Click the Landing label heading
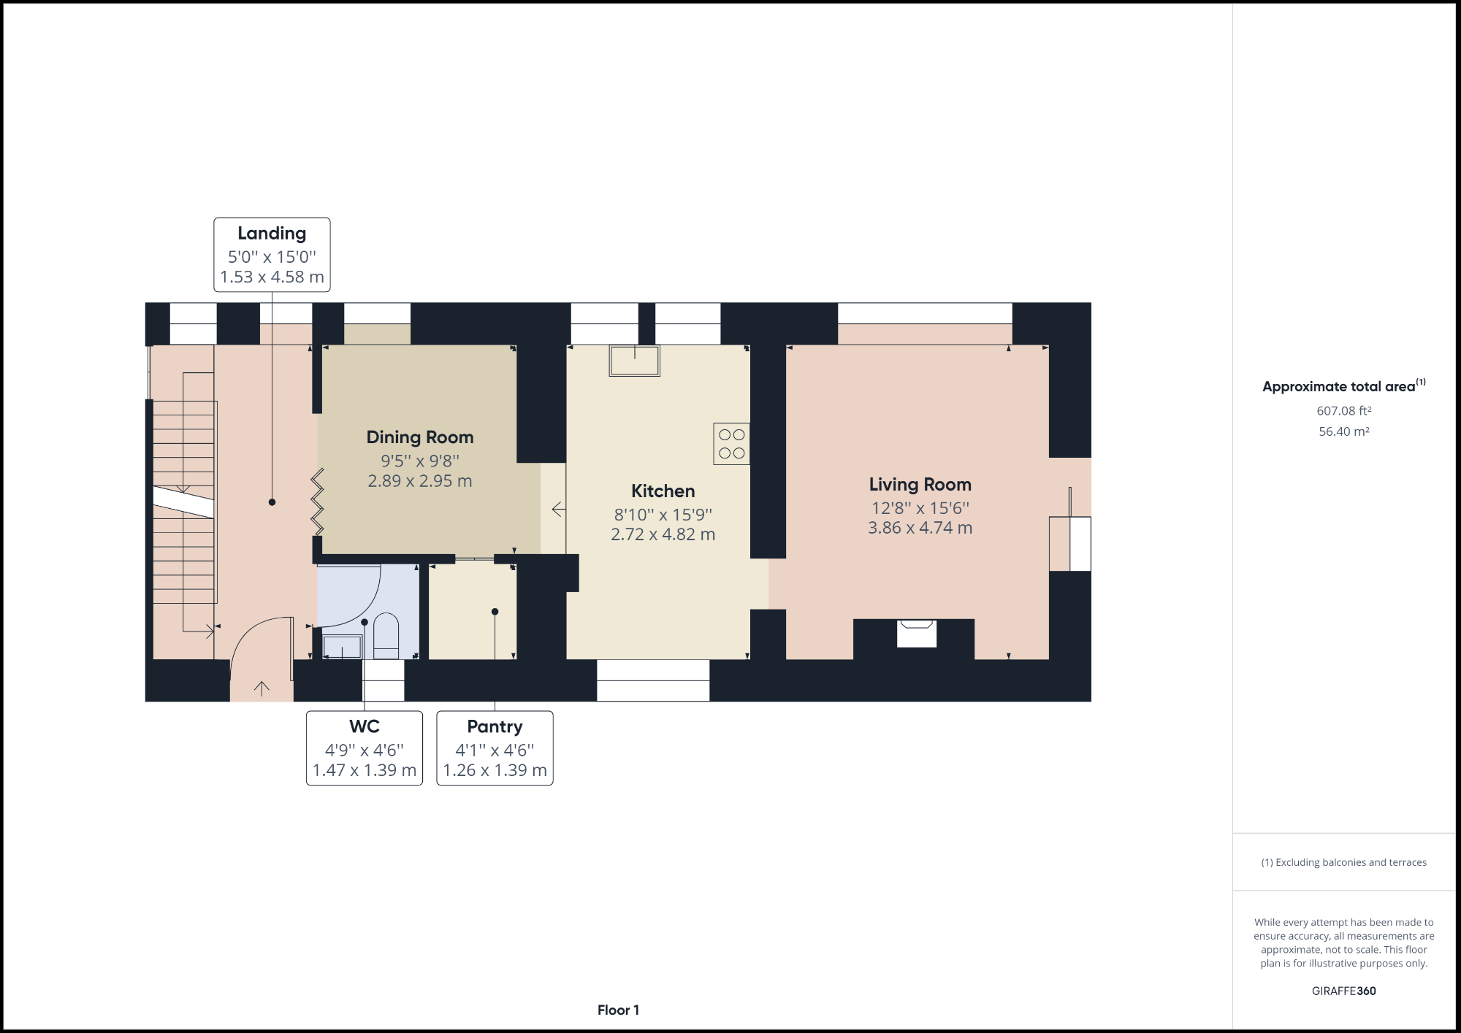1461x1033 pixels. click(x=272, y=234)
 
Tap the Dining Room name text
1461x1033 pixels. click(x=420, y=437)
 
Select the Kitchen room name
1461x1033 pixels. click(x=663, y=491)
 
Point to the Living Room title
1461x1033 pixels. click(x=920, y=485)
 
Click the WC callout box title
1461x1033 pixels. click(x=364, y=726)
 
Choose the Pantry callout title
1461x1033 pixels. click(x=495, y=726)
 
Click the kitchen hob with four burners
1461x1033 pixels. click(x=731, y=444)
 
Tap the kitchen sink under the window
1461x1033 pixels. click(x=634, y=361)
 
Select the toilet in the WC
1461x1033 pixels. click(x=386, y=635)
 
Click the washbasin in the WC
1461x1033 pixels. click(x=342, y=647)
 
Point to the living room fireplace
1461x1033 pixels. click(x=916, y=633)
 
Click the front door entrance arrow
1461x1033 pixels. click(x=262, y=688)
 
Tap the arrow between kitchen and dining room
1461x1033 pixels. click(x=558, y=509)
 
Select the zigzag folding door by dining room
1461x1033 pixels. click(x=317, y=502)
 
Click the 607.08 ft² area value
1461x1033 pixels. click(x=1343, y=411)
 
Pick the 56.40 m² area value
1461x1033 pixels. click(x=1343, y=431)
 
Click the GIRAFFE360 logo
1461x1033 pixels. click(x=1343, y=991)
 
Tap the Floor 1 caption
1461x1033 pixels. click(x=618, y=1010)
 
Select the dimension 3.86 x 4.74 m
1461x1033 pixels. click(x=920, y=528)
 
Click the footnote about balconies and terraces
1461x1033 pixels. click(x=1343, y=862)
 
